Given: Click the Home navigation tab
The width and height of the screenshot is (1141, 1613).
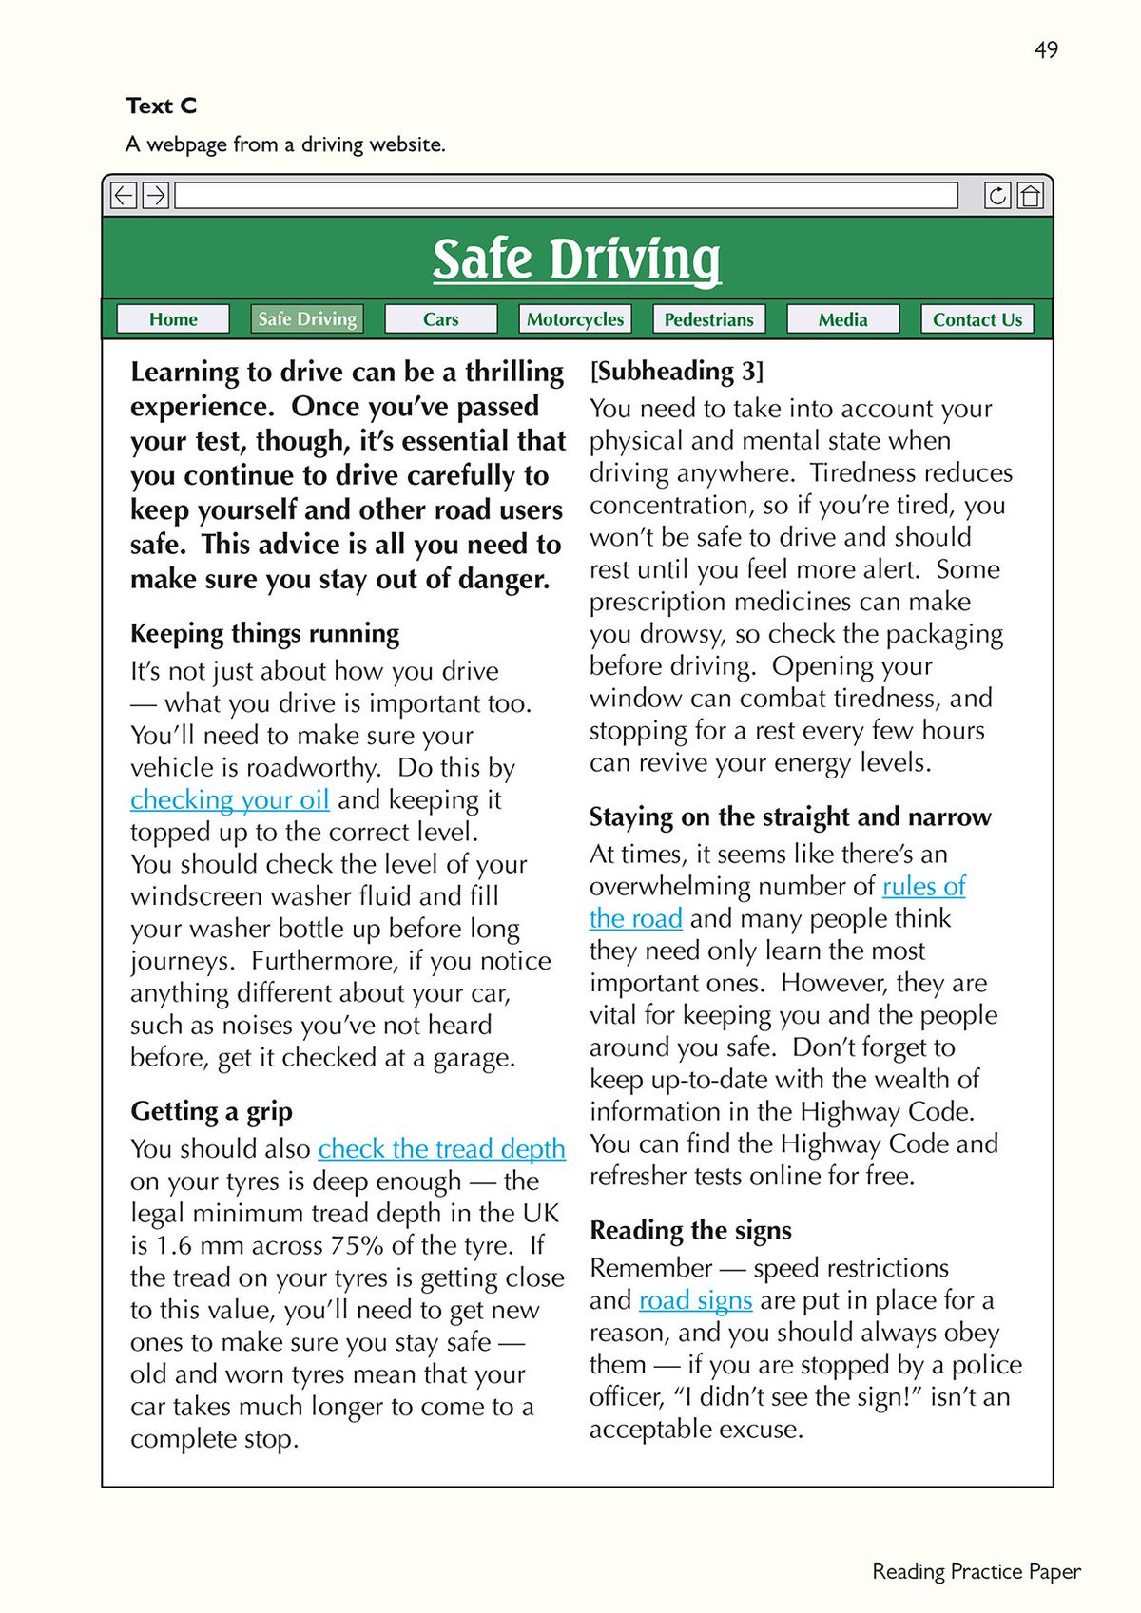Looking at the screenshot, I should tap(173, 319).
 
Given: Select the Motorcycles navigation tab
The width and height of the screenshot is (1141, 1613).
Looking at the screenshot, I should tap(574, 319).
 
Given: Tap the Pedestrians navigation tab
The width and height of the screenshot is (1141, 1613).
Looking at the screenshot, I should tap(708, 319).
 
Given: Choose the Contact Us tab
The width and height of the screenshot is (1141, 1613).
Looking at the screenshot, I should tap(977, 319).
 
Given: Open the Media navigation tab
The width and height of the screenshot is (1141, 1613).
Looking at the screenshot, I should tap(842, 319).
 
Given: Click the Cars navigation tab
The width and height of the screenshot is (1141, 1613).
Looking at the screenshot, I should tap(440, 319).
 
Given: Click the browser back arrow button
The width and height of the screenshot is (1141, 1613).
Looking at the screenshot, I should tap(124, 196).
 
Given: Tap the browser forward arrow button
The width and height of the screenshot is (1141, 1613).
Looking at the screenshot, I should tap(156, 196).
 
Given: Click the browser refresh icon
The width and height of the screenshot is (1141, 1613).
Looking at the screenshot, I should tap(997, 196).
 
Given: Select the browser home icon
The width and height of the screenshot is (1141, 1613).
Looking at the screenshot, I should tap(1030, 196).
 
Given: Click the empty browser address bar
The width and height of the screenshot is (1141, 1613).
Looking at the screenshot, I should tap(566, 196).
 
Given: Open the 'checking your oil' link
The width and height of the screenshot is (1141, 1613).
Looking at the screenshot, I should tap(230, 800).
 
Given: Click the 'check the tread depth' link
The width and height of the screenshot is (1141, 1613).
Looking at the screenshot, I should tap(441, 1149).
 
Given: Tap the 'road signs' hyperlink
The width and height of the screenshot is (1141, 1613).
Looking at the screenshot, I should tap(695, 1300).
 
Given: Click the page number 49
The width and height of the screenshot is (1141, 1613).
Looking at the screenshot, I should tap(1046, 49).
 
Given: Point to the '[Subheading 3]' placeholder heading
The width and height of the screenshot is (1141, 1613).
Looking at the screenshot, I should tap(676, 371).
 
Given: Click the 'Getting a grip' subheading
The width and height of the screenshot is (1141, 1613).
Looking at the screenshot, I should tap(211, 1111).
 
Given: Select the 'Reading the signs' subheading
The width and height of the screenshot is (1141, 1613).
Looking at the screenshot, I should tap(690, 1230).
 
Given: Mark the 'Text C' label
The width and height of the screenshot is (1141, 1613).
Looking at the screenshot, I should tap(161, 106).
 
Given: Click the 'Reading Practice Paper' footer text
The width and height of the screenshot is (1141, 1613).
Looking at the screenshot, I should tap(977, 1571).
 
